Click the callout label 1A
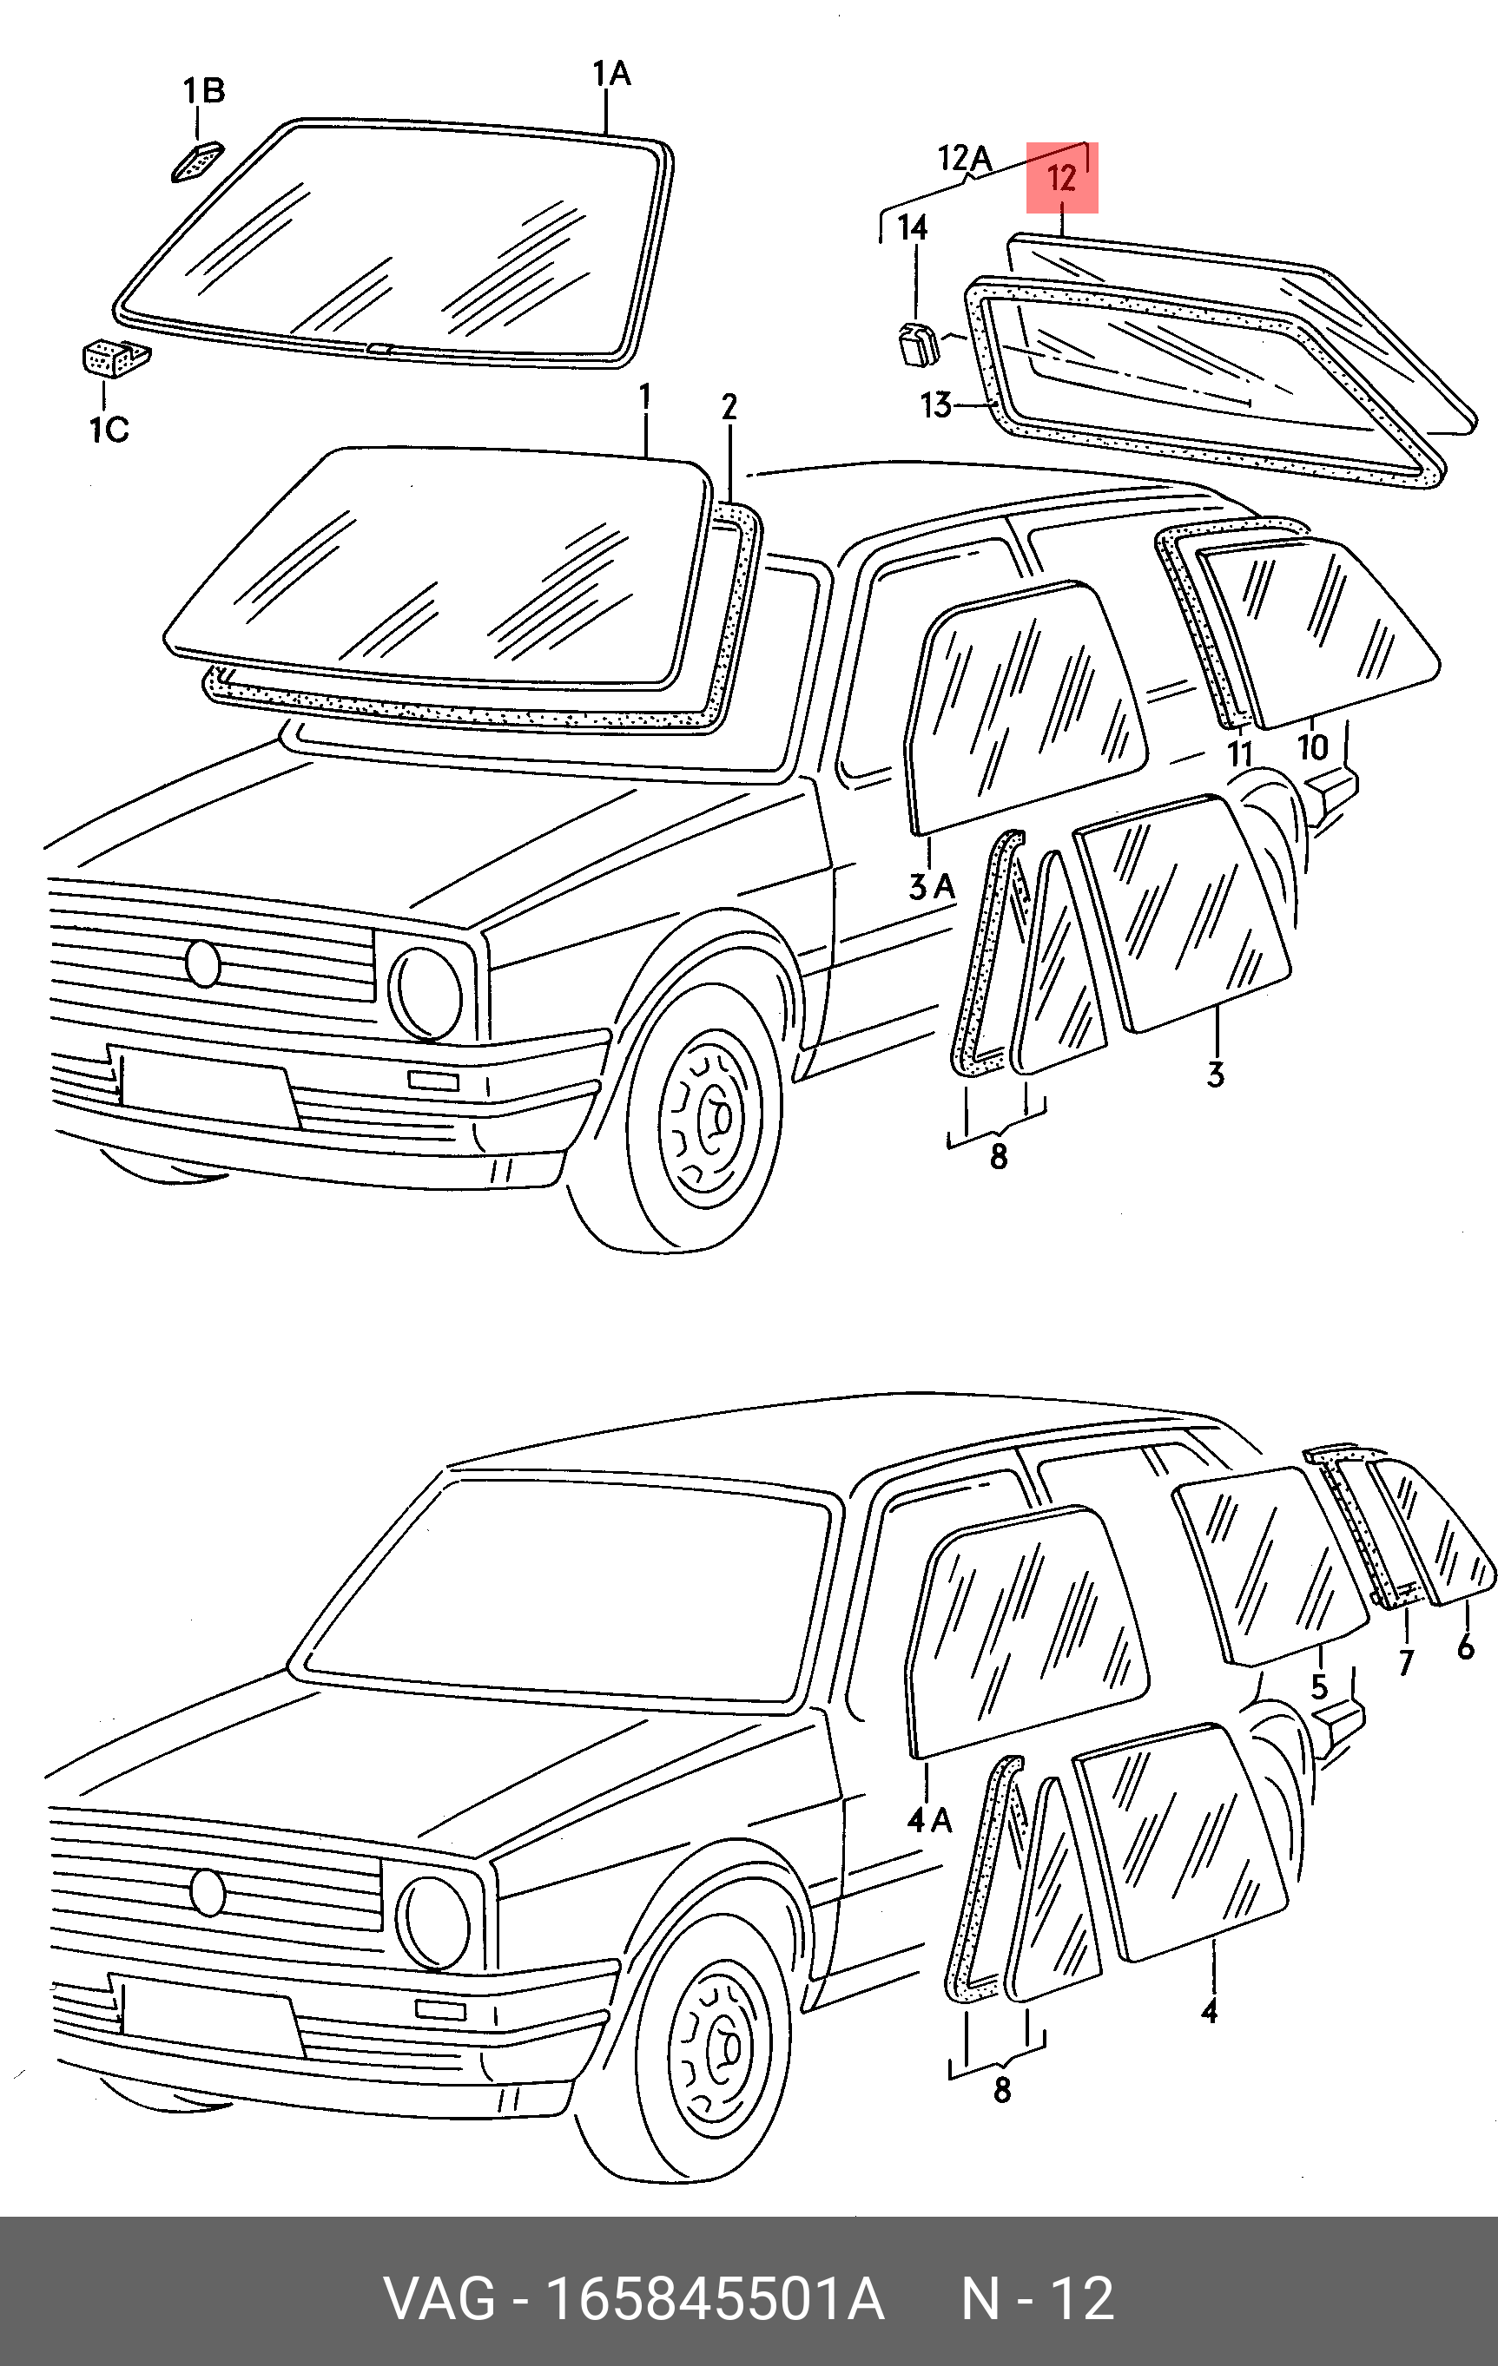611,74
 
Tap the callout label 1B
203,90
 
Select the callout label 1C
109,430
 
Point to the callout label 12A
966,157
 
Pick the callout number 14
912,228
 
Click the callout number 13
937,404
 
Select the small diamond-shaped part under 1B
196,161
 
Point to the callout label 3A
931,887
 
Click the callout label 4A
929,1821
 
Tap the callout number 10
1313,747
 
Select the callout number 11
1240,753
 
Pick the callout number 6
1466,1646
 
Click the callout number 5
1319,1687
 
